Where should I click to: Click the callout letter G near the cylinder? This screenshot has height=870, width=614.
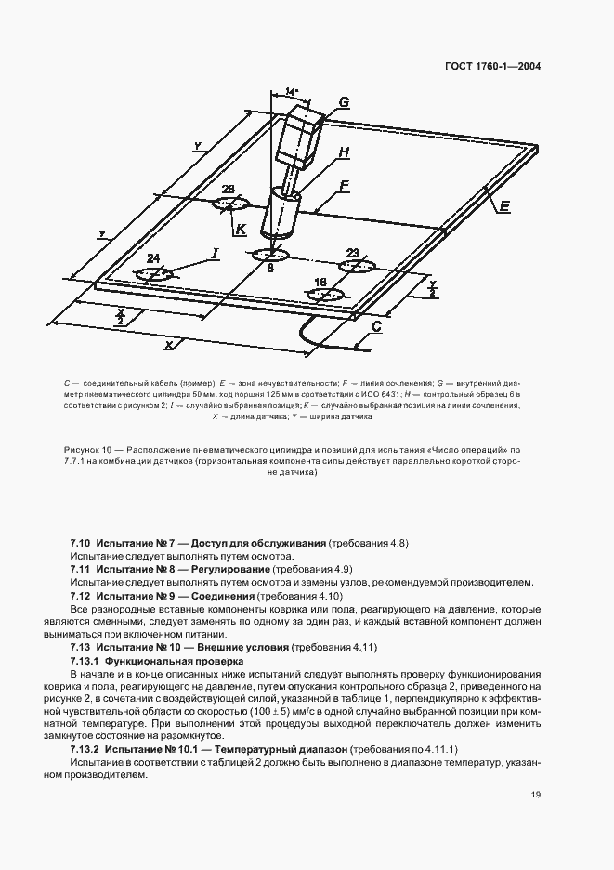pos(344,102)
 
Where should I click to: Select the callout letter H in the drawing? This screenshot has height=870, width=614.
pos(344,152)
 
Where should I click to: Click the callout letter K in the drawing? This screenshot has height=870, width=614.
pos(241,228)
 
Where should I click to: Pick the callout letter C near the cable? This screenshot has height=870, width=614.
pos(377,327)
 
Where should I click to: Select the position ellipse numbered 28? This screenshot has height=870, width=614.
pos(229,204)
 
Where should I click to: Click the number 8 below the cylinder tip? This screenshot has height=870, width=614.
pos(269,268)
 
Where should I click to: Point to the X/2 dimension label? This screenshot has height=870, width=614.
pos(121,318)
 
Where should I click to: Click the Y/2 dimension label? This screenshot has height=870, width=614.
pos(432,290)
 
